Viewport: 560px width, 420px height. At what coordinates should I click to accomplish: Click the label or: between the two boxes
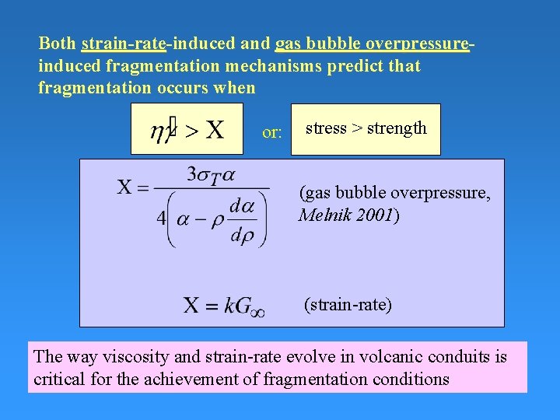(272, 133)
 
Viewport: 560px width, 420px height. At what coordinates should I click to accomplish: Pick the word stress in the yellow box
(326, 128)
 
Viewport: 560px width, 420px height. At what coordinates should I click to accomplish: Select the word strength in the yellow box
(397, 128)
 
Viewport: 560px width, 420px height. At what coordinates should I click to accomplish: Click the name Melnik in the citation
(324, 215)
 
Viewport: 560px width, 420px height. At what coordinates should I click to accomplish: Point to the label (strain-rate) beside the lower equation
(348, 304)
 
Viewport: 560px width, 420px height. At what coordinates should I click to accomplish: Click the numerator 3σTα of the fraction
(210, 174)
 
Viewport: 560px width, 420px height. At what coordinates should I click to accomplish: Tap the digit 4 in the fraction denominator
(161, 219)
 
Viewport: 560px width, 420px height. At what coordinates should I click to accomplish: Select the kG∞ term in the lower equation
(244, 304)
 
